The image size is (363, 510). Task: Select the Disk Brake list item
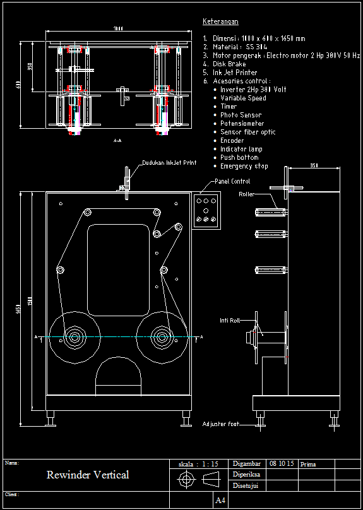point(229,64)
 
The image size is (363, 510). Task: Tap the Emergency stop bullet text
point(244,166)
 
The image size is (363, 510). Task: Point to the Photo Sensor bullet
point(241,115)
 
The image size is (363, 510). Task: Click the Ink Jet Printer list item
point(235,73)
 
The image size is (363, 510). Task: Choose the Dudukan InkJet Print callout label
point(169,163)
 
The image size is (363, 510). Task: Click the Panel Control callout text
point(232,181)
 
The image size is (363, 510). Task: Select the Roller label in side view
point(247,194)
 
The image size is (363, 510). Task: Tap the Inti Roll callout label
point(230,320)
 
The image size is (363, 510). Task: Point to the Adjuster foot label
point(221,424)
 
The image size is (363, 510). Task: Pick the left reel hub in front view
point(75,337)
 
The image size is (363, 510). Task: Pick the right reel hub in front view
point(160,337)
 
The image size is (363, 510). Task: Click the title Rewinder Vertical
point(88,475)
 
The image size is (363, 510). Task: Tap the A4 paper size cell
point(220,501)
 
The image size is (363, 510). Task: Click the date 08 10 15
point(282,463)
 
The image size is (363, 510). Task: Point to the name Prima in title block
point(309,464)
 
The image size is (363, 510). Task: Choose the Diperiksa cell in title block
point(247,474)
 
